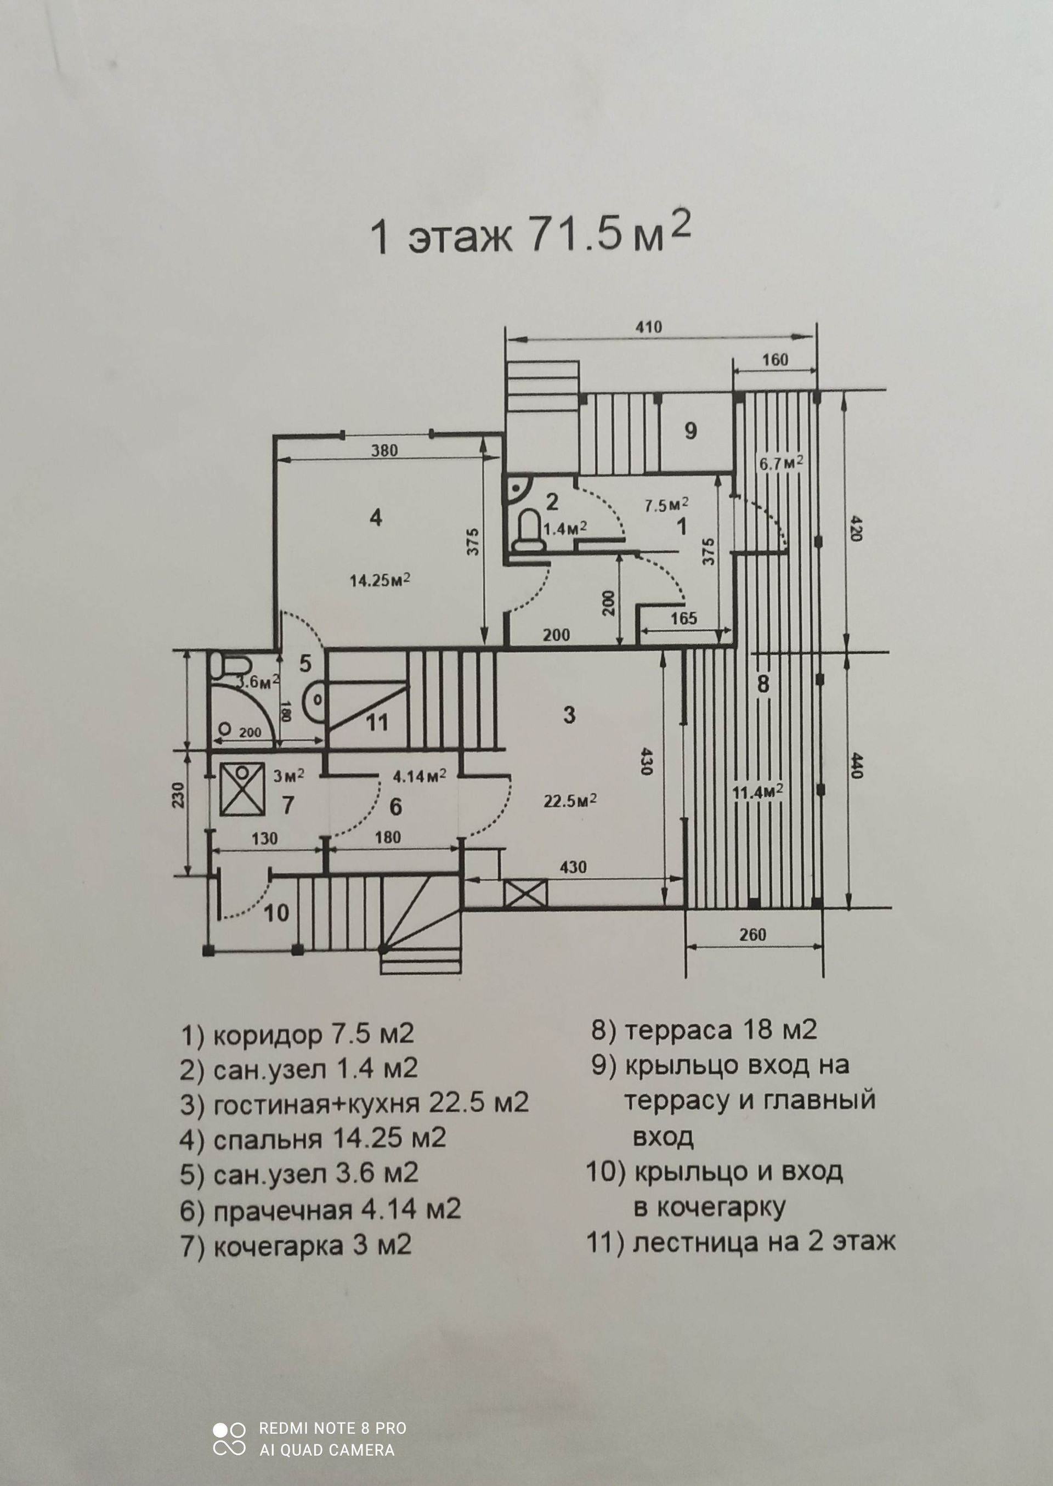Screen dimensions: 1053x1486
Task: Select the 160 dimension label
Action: (774, 359)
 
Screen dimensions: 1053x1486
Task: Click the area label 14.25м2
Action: (380, 580)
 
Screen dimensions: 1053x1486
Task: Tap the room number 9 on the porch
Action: (690, 431)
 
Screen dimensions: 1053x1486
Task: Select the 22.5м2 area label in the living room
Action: (570, 801)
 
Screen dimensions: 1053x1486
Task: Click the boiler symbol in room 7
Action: (242, 788)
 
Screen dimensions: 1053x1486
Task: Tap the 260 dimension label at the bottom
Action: (752, 934)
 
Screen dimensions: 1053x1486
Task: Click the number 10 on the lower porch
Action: (276, 913)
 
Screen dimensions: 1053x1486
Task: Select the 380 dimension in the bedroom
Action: (384, 450)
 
